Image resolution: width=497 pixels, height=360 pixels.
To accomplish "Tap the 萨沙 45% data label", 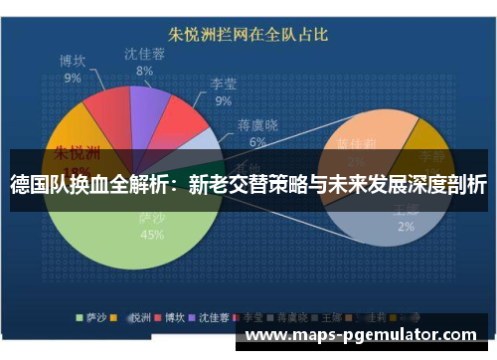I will click(x=152, y=228).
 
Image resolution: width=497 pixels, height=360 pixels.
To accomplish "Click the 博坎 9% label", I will click(x=72, y=69).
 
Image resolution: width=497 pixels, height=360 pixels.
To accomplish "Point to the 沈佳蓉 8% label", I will click(x=144, y=62).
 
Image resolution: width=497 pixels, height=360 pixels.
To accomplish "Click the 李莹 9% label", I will click(x=223, y=92).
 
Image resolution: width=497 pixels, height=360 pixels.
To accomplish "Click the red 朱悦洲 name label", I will click(x=77, y=154).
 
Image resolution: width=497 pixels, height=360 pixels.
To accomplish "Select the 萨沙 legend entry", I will click(x=91, y=318).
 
